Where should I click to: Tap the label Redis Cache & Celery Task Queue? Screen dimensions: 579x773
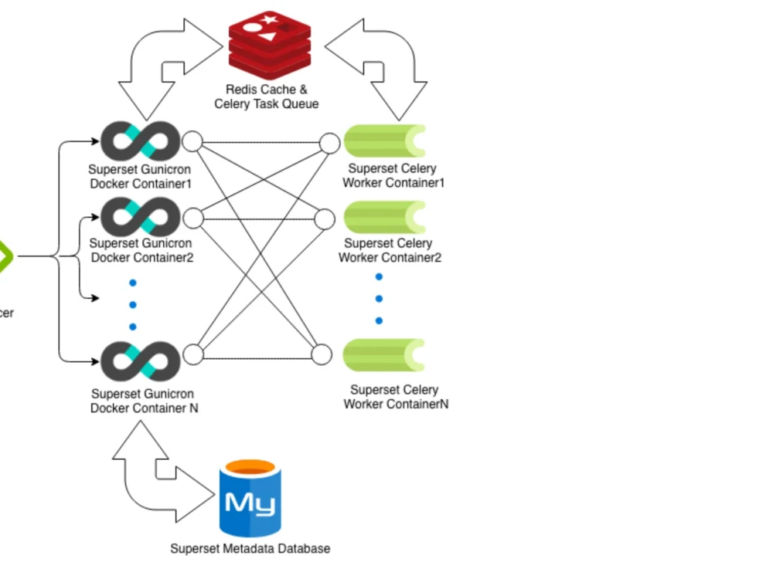point(266,96)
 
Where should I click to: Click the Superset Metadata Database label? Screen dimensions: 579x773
point(250,549)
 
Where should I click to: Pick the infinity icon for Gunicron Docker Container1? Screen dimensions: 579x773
point(140,141)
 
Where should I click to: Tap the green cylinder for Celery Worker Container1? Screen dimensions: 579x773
point(383,141)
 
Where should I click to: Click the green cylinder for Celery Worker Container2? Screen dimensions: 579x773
point(383,217)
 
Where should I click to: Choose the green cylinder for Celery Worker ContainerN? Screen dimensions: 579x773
point(383,355)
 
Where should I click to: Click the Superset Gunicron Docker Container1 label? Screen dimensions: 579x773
point(140,176)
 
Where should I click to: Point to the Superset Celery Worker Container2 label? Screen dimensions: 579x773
point(390,250)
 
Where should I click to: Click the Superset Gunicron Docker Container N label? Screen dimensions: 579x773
point(144,401)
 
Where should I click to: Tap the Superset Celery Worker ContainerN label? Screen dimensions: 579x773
point(395,397)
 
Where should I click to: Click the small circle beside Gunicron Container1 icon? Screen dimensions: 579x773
point(192,142)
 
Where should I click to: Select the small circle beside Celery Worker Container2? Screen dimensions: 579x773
point(325,219)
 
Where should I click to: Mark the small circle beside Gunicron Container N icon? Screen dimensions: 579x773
point(193,354)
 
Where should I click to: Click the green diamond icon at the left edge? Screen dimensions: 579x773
point(4,256)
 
